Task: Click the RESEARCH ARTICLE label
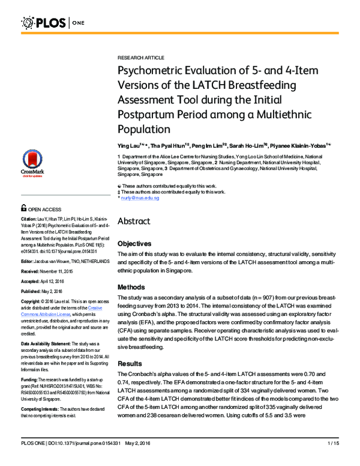coord(140,57)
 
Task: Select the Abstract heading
coord(134,221)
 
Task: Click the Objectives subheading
coord(136,244)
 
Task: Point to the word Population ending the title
coord(143,129)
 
